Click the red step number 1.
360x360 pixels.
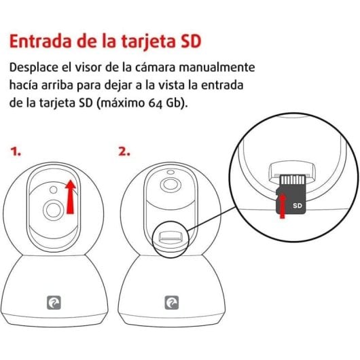16,152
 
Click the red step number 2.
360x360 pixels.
124,152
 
